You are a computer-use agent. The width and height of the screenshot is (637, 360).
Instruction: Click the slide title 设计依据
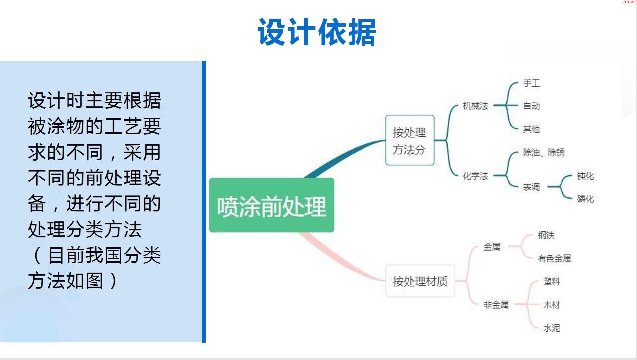(x=317, y=33)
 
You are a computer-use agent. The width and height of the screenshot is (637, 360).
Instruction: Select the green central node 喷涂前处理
(x=272, y=205)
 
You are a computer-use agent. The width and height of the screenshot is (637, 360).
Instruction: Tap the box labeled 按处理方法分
(x=410, y=140)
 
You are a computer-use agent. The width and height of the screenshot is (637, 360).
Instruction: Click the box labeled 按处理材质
(x=420, y=281)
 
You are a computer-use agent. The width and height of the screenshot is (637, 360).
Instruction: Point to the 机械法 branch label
(x=475, y=106)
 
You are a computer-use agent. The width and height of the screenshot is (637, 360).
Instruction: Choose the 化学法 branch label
(x=475, y=176)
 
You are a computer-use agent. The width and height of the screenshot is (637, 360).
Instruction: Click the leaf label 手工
(x=531, y=83)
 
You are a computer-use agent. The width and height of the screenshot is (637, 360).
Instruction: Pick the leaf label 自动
(x=531, y=106)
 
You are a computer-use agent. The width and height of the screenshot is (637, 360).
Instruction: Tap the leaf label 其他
(x=531, y=129)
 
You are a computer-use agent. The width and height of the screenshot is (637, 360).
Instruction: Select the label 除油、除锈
(x=544, y=153)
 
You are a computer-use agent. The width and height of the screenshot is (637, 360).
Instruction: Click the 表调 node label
(x=531, y=187)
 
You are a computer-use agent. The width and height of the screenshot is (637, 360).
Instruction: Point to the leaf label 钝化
(x=585, y=176)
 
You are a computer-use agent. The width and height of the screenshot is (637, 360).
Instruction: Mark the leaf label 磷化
(x=585, y=199)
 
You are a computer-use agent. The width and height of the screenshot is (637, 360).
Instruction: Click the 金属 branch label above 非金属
(x=492, y=247)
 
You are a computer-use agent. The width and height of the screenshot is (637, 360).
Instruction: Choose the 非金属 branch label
(x=496, y=305)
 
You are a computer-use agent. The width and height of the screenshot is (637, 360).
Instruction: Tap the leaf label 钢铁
(x=546, y=235)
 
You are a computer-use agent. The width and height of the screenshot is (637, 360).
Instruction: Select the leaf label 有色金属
(x=554, y=258)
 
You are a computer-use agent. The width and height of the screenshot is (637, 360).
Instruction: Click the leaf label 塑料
(x=552, y=281)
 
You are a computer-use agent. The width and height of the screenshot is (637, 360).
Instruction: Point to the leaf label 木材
(x=552, y=305)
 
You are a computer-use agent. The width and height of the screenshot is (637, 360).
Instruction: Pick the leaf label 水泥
(x=552, y=328)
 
